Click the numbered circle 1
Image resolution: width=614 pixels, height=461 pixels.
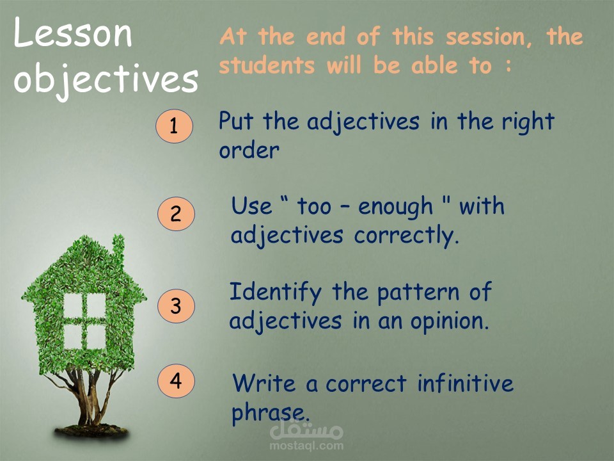(x=174, y=126)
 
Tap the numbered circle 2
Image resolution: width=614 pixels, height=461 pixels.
(x=177, y=214)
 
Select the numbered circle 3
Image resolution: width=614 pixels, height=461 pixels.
(x=177, y=306)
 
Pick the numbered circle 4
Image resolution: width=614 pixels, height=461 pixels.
(x=177, y=380)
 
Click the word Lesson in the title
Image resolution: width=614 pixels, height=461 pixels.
(x=73, y=33)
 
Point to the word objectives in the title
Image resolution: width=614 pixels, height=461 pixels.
(x=106, y=79)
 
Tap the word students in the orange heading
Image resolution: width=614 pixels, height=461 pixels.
(x=267, y=65)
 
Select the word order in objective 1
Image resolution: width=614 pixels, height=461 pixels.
(x=249, y=150)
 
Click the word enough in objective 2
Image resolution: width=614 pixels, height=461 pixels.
(x=395, y=207)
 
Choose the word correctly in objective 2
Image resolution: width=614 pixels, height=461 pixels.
(x=407, y=236)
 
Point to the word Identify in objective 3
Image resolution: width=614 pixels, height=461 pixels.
(x=275, y=293)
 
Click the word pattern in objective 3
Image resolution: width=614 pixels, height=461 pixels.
(x=418, y=293)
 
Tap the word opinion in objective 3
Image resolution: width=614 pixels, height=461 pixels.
(x=450, y=321)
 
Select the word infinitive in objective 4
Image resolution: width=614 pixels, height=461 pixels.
(x=465, y=383)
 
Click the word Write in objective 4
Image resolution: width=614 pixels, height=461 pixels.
(x=264, y=383)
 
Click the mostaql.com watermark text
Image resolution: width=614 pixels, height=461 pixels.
(x=306, y=446)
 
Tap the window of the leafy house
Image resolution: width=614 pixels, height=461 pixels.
(x=84, y=321)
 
